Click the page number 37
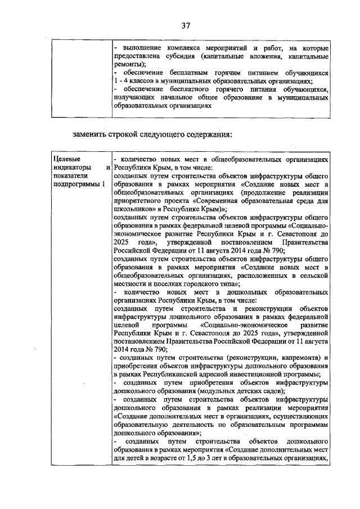tap(186, 25)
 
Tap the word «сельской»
tap(314, 276)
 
